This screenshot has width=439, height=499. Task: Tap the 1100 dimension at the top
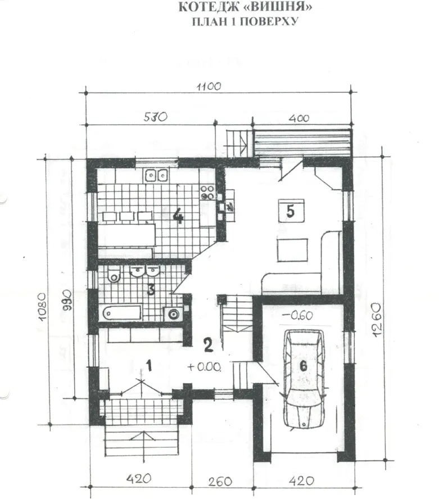click(x=209, y=86)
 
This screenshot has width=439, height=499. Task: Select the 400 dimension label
click(x=299, y=118)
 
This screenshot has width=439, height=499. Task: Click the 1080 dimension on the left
click(x=43, y=307)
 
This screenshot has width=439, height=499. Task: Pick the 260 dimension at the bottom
click(x=220, y=481)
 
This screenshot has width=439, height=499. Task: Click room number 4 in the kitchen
click(x=178, y=217)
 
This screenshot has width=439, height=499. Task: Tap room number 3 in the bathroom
click(x=151, y=290)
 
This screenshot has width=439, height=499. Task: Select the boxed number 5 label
click(x=291, y=210)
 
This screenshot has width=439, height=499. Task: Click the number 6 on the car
click(x=304, y=366)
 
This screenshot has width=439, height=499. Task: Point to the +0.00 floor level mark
click(x=204, y=367)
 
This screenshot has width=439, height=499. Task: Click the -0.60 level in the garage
click(x=297, y=316)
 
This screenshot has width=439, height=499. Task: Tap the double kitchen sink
click(x=156, y=175)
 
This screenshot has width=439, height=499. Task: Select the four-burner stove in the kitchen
click(x=207, y=193)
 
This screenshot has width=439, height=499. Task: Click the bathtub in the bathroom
click(x=122, y=313)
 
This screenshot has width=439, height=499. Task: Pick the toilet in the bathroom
click(x=114, y=275)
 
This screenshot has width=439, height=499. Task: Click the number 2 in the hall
click(x=208, y=345)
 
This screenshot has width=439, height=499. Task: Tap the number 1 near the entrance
click(x=149, y=366)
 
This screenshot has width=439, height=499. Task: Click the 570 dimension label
click(x=155, y=117)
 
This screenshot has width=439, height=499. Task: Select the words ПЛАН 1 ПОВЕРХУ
click(x=245, y=21)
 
